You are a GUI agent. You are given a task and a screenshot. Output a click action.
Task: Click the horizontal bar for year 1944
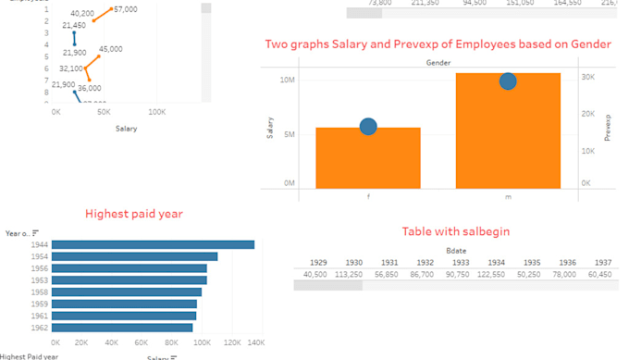tap(153, 244)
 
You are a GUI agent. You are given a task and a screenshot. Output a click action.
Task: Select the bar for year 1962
tap(122, 327)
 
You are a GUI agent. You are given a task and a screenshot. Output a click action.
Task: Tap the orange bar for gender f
tap(367, 157)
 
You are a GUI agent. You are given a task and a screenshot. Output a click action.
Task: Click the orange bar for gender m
tap(508, 130)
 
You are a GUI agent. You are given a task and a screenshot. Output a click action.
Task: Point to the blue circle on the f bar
tap(367, 127)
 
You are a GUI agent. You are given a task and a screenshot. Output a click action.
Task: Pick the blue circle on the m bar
tap(508, 81)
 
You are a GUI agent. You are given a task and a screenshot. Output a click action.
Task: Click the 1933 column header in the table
tap(460, 262)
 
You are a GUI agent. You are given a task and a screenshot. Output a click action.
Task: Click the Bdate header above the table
tap(456, 250)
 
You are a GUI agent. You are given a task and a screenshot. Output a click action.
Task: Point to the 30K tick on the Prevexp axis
tap(586, 77)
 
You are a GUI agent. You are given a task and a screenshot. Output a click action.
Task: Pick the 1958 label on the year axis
tap(40, 292)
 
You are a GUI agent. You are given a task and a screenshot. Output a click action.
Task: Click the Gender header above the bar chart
tap(438, 62)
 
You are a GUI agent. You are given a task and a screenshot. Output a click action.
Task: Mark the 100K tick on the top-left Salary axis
tap(156, 112)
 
